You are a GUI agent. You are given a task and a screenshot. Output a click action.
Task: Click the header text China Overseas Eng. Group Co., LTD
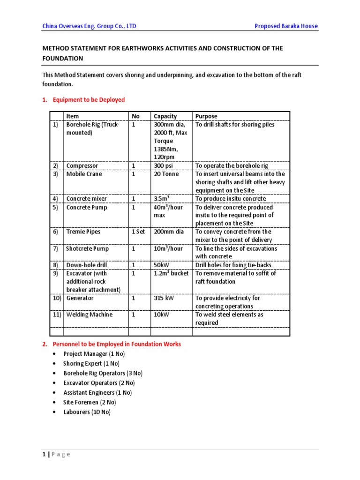(89, 26)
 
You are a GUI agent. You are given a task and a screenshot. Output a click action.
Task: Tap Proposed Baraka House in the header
(286, 26)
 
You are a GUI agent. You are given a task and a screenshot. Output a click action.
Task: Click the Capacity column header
(165, 116)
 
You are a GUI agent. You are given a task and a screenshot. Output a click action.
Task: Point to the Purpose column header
(206, 116)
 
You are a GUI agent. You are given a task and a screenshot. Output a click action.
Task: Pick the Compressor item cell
(82, 165)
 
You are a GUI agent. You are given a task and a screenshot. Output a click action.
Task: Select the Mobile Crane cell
(84, 174)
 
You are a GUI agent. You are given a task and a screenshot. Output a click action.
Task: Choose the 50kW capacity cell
(162, 265)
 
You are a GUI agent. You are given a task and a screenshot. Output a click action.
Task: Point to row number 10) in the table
(56, 298)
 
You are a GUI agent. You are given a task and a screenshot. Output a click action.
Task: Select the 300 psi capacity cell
(164, 165)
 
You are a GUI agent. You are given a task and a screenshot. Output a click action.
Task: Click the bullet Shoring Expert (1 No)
(91, 363)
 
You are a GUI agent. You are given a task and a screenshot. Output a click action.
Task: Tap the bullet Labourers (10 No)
(87, 412)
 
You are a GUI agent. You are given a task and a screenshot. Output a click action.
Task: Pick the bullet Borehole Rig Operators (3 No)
(103, 373)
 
